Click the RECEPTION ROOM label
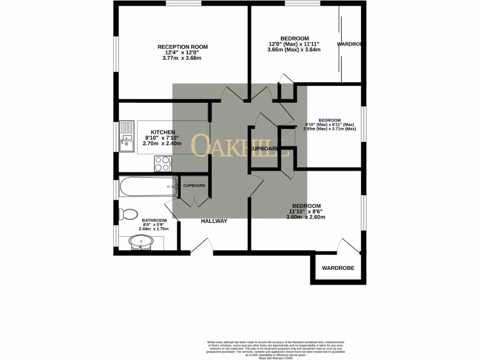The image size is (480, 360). [x=182, y=47]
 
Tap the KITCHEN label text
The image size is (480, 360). [x=163, y=132]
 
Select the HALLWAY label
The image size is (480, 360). [x=214, y=221]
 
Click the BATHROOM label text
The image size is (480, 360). [x=154, y=220]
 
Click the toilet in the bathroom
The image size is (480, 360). [x=128, y=215]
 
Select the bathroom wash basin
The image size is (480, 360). [x=141, y=243]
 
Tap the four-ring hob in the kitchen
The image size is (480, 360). [x=163, y=164]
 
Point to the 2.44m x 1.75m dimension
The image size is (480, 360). [x=154, y=229]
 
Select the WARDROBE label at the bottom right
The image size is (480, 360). [x=337, y=268]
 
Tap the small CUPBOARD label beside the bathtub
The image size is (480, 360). [x=194, y=186]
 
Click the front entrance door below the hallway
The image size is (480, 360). [x=202, y=246]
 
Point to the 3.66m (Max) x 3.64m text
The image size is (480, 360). [x=294, y=50]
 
